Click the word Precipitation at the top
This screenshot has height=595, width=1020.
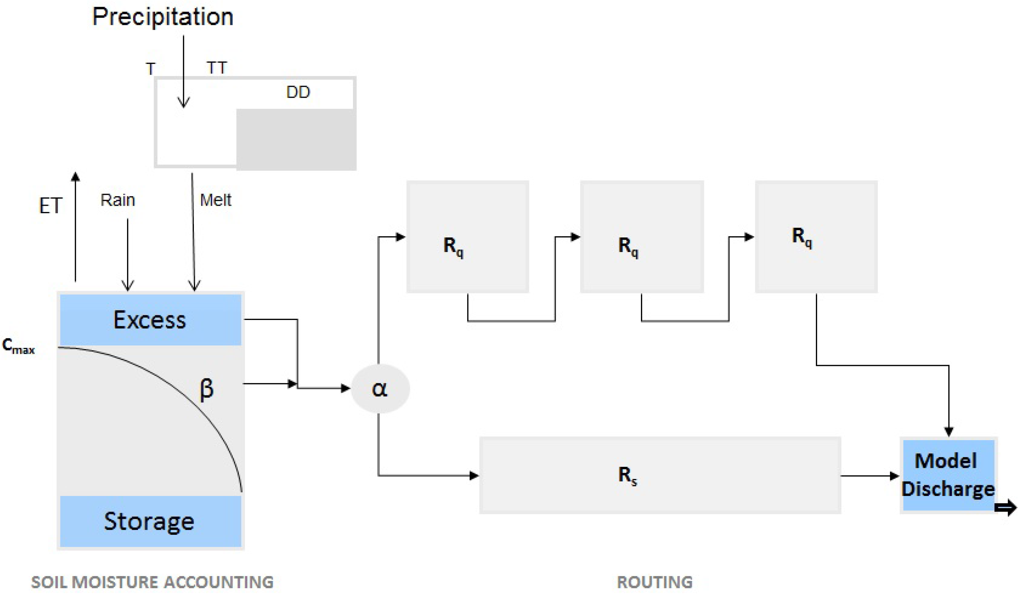point(163,17)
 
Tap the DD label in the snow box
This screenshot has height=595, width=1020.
point(298,92)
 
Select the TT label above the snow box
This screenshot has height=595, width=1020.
point(217,68)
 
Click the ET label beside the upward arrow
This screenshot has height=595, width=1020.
point(50,205)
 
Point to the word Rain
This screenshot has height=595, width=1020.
point(117,200)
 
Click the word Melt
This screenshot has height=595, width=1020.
point(215,200)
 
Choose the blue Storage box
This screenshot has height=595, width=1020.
point(150,521)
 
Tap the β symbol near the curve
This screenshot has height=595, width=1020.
point(206,389)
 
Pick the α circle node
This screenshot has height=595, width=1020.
point(380,389)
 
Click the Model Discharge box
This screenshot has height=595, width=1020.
point(948,475)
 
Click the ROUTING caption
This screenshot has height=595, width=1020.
point(655,582)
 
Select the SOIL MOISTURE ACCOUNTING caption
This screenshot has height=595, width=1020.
point(152,582)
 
